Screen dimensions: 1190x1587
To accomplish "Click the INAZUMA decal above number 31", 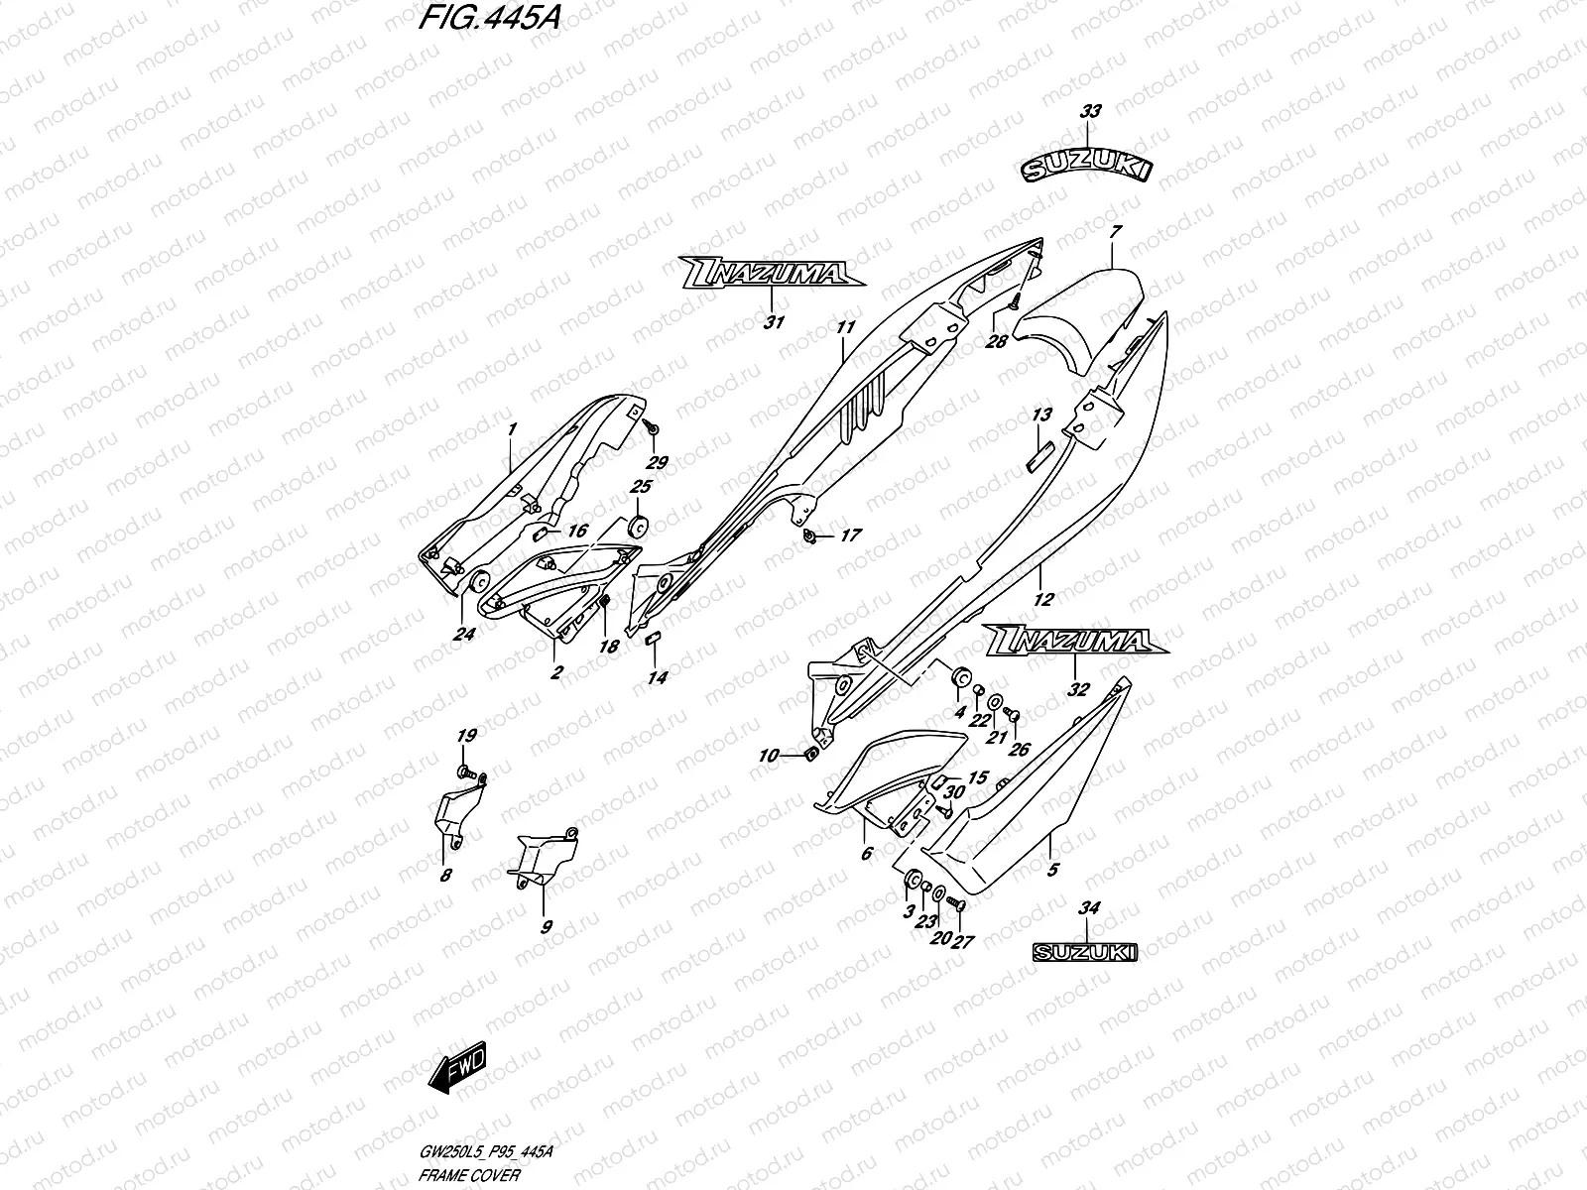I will [x=771, y=273].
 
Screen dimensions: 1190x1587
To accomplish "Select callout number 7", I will [x=1115, y=233].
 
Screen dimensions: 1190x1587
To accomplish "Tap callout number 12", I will [x=1042, y=598].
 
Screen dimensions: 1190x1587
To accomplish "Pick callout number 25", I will [x=641, y=487].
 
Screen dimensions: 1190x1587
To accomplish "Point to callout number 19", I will [x=466, y=735].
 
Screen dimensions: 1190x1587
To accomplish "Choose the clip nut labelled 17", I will [x=810, y=536].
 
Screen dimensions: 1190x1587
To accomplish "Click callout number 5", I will [x=1052, y=870].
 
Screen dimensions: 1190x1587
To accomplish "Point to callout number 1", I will [x=512, y=430].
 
